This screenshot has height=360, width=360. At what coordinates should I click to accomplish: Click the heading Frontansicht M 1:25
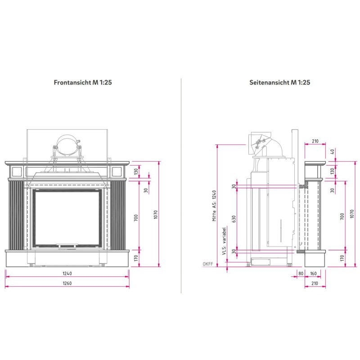click(82, 83)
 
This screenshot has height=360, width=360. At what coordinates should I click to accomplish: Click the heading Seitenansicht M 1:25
click(279, 83)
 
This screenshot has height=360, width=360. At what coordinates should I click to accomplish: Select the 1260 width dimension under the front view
click(67, 283)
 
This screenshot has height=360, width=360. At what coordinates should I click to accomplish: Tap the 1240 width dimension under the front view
click(67, 273)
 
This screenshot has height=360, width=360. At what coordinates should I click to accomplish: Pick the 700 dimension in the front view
click(135, 218)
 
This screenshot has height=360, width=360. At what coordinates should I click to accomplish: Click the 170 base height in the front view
click(135, 258)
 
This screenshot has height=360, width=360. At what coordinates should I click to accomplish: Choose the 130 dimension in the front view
click(135, 171)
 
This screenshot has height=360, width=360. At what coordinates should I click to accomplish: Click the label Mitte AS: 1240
click(215, 205)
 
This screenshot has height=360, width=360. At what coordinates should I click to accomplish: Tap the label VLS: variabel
click(224, 241)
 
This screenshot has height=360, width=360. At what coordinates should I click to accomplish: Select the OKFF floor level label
click(207, 264)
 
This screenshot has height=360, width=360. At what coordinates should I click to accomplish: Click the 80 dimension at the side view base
click(301, 273)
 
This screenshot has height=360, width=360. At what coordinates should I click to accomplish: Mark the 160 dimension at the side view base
click(313, 273)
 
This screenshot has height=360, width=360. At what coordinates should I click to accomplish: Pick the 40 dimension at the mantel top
click(333, 151)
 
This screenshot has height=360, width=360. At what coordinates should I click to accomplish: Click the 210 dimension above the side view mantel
click(315, 141)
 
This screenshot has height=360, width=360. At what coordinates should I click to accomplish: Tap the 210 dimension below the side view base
click(315, 283)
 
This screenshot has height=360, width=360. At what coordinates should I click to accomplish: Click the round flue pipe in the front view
click(67, 145)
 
